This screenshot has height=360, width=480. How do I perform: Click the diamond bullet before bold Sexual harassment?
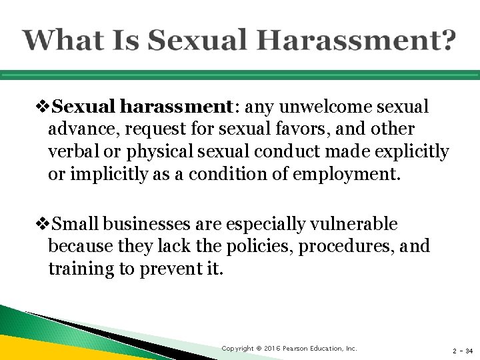(44, 107)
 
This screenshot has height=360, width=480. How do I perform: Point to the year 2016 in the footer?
(271, 349)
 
